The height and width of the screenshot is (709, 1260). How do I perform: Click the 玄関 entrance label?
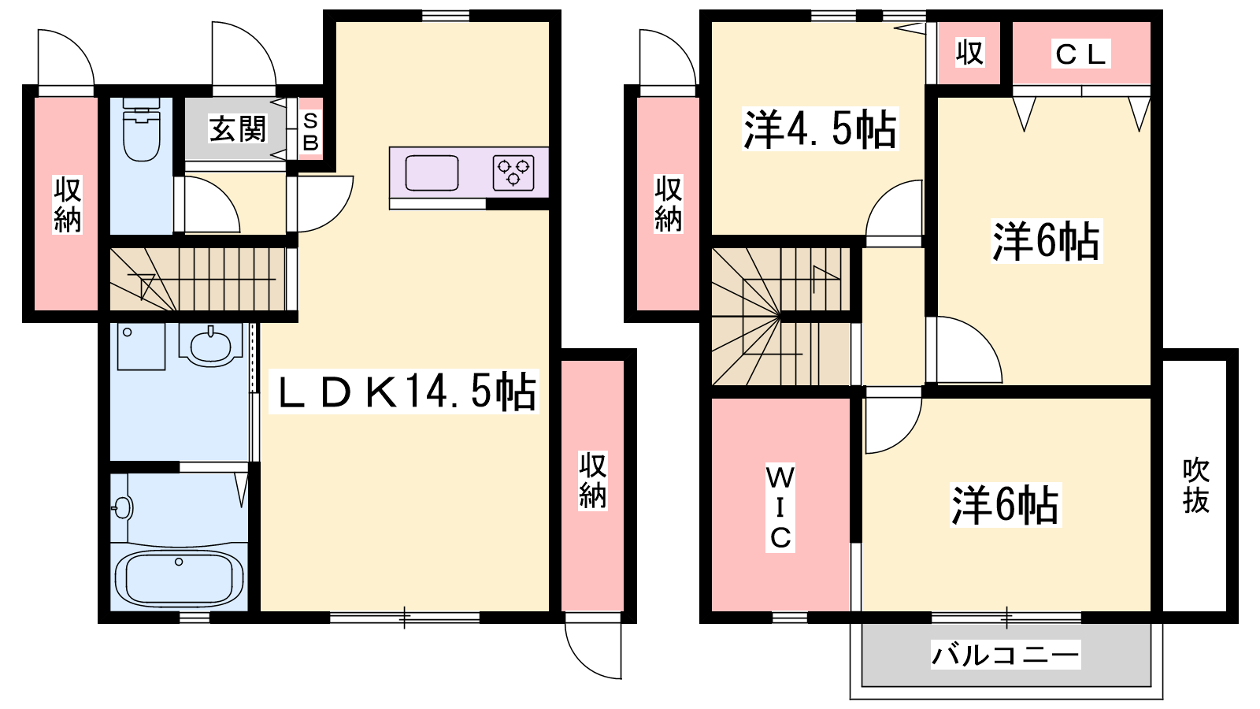point(237,129)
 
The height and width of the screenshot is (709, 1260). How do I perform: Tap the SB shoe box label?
point(310,132)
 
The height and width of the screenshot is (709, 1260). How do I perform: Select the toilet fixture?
point(141,129)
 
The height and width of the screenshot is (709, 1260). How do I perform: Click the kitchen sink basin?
point(432,173)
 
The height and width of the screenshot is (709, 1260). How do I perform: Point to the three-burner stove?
point(513,173)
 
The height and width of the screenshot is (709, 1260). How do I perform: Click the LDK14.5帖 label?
point(404,392)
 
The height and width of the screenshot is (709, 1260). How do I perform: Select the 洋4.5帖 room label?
point(820,129)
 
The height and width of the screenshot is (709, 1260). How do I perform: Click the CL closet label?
point(1080,54)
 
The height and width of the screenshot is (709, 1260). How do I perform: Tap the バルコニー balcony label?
point(1005,655)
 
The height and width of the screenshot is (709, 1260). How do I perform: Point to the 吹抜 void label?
point(1195,486)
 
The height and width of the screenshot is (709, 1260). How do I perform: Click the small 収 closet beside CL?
point(969,53)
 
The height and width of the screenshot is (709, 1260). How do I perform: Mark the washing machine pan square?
point(141,346)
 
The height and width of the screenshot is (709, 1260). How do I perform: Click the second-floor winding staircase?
point(780,317)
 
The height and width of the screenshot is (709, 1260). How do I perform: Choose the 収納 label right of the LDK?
point(593,480)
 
